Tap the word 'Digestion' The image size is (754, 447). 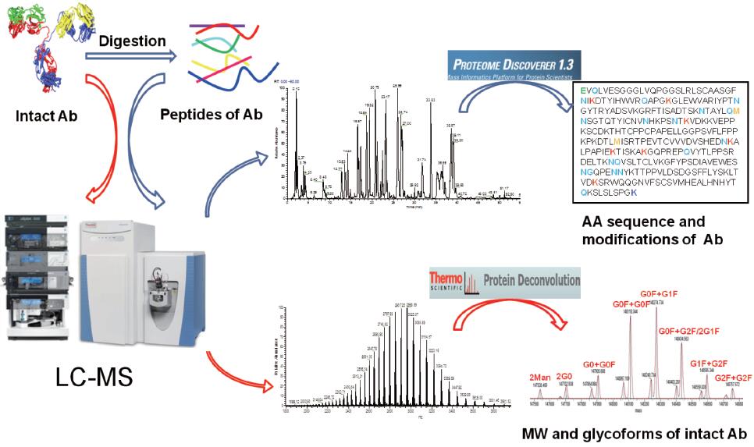click(x=132, y=40)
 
